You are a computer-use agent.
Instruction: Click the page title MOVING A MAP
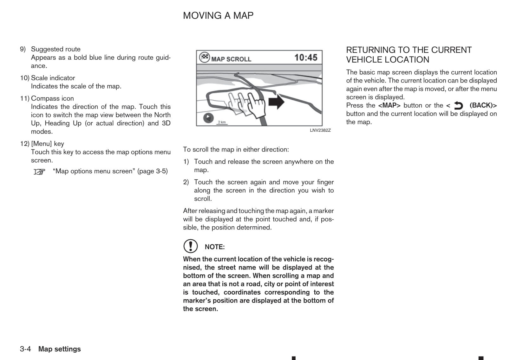pyautogui.click(x=218, y=16)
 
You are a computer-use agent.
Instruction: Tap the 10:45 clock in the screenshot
pyautogui.click(x=305, y=57)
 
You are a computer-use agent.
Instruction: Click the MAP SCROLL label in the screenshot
pyautogui.click(x=231, y=59)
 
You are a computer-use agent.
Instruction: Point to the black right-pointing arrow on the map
pyautogui.click(x=276, y=102)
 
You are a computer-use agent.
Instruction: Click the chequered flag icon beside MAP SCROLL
pyautogui.click(x=204, y=57)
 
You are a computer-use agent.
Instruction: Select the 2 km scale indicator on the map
pyautogui.click(x=222, y=122)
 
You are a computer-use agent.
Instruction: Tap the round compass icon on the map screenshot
pyautogui.click(x=208, y=118)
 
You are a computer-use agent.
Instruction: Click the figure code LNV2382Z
pyautogui.click(x=320, y=130)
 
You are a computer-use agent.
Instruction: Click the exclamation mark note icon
pyautogui.click(x=190, y=246)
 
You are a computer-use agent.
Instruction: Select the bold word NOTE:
pyautogui.click(x=215, y=247)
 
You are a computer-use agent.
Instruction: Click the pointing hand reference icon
pyautogui.click(x=40, y=172)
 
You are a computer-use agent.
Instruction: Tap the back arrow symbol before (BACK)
pyautogui.click(x=458, y=105)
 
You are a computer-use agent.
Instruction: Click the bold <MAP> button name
pyautogui.click(x=389, y=105)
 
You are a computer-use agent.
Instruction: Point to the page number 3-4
pyautogui.click(x=25, y=349)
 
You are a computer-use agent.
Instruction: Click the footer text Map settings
pyautogui.click(x=59, y=349)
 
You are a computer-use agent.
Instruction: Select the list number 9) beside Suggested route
pyautogui.click(x=23, y=49)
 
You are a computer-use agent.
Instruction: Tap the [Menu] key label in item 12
pyautogui.click(x=48, y=144)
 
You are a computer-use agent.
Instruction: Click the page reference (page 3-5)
pyautogui.click(x=152, y=171)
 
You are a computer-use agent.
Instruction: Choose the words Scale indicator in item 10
pyautogui.click(x=53, y=78)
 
